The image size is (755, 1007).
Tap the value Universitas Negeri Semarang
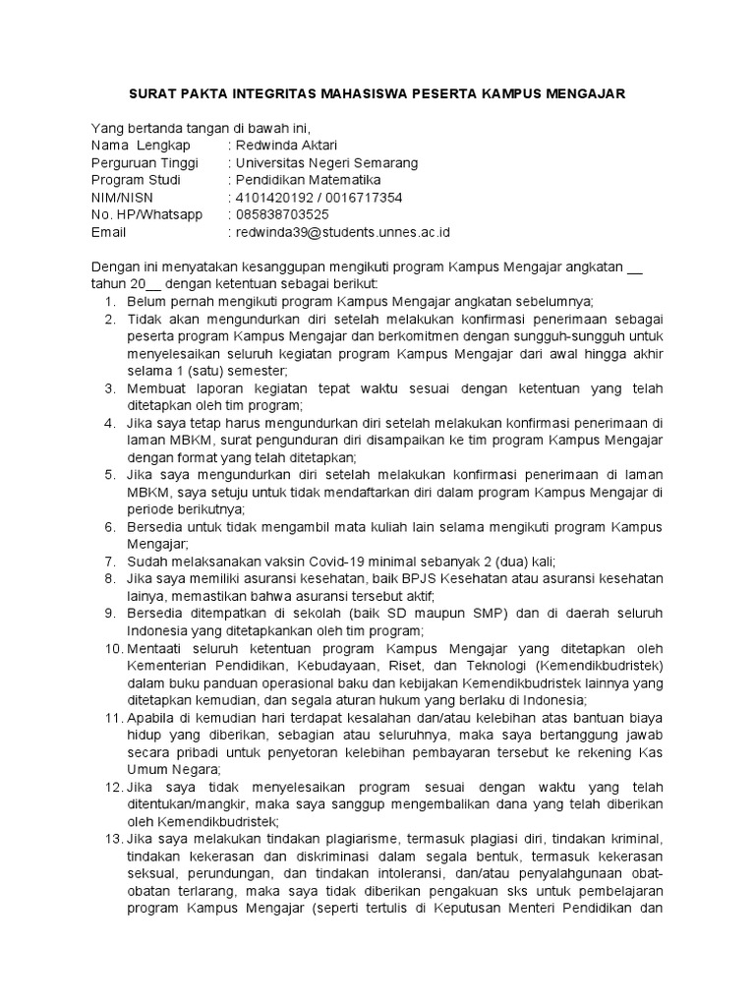pos(322,162)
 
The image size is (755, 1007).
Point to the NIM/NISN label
pos(123,198)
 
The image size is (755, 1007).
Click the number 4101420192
pos(271,198)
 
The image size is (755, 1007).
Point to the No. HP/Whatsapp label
pos(146,215)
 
